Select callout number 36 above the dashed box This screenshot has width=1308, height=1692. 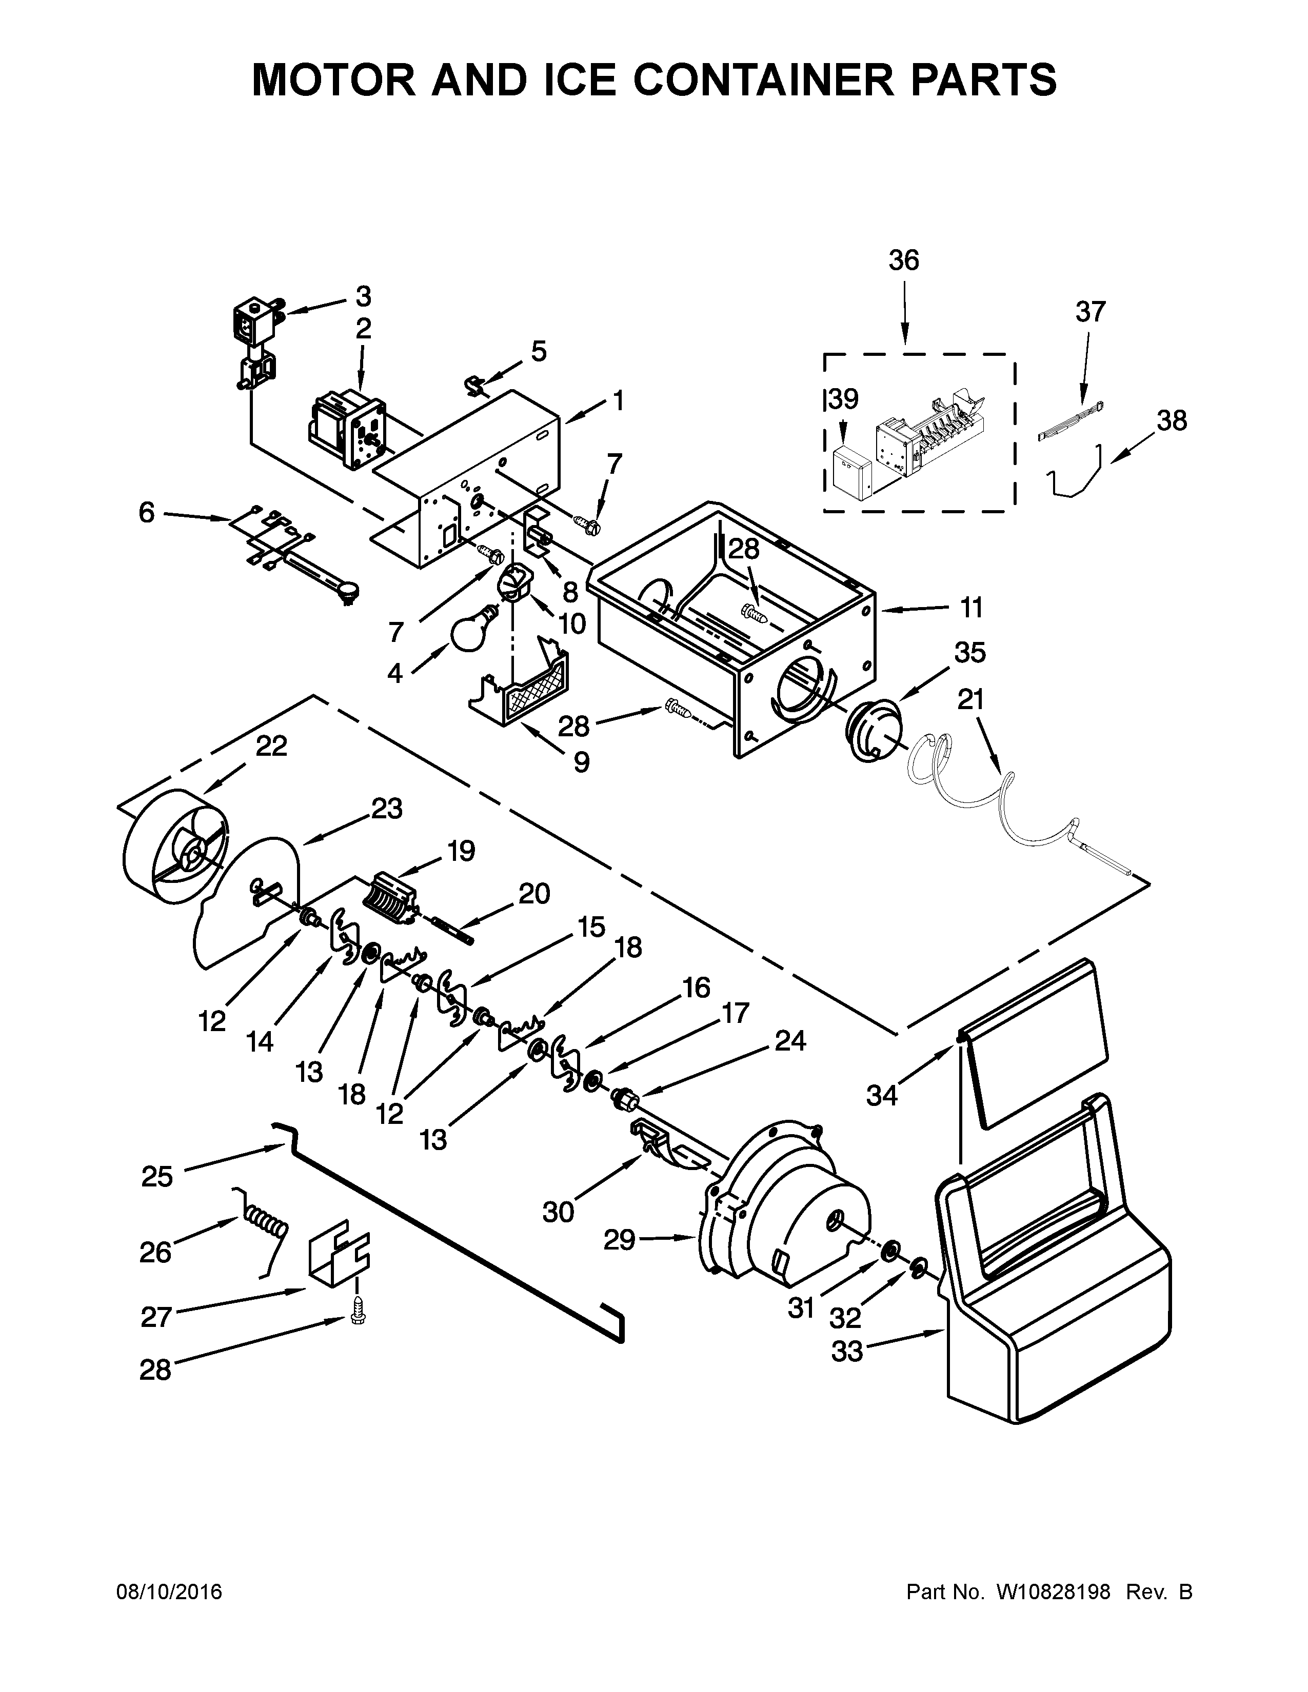tap(903, 261)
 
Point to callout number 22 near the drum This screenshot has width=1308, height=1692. tap(271, 746)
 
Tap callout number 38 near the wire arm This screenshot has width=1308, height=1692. tap(1172, 420)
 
